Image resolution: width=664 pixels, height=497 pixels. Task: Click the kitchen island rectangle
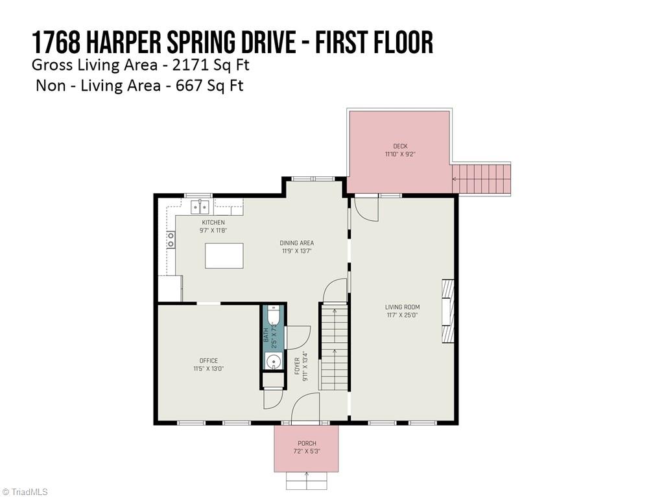[x=224, y=255]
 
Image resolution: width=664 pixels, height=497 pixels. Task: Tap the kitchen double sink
[x=200, y=207]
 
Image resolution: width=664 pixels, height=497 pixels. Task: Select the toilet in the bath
[x=274, y=316]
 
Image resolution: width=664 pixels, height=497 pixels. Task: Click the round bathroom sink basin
[x=274, y=361]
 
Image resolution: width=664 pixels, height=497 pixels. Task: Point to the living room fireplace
[x=447, y=310]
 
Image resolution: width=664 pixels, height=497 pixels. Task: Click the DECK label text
[x=400, y=146]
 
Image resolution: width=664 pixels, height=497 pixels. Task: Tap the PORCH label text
[x=307, y=444]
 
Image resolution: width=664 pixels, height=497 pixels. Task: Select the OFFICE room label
[x=208, y=361]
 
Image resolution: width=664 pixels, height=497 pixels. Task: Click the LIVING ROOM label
[x=402, y=307]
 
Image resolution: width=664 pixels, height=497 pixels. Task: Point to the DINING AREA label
[x=297, y=244]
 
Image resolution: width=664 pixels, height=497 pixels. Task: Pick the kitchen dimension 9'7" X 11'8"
[x=213, y=231]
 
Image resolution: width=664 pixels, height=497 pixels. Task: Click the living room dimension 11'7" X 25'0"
[x=402, y=316]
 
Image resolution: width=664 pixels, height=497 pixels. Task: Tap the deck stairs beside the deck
[x=481, y=178]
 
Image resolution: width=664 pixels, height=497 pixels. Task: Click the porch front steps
[x=307, y=481]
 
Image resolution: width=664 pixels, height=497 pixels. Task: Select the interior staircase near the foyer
[x=333, y=347]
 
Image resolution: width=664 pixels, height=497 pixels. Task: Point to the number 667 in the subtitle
[x=189, y=85]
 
